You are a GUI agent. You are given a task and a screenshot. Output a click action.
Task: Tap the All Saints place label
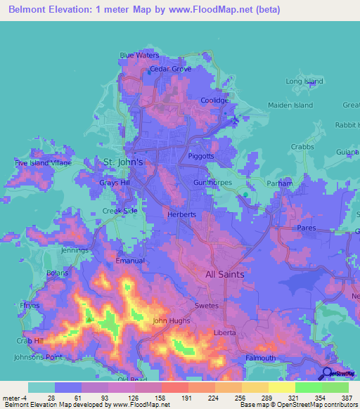tap(225, 275)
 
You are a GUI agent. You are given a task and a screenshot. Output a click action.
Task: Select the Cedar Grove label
tap(171, 69)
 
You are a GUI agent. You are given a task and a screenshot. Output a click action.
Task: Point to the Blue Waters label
tap(140, 55)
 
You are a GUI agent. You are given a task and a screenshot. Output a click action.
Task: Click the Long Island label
tap(304, 82)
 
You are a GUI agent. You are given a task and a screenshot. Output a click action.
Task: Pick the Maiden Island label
tap(290, 105)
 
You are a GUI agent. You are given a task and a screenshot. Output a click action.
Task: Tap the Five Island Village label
tap(44, 163)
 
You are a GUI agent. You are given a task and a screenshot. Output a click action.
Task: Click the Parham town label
tap(279, 183)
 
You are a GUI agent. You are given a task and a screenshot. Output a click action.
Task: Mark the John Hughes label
tap(172, 322)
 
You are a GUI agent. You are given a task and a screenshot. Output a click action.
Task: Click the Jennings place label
tap(75, 250)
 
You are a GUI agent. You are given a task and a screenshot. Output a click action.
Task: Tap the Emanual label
tap(131, 261)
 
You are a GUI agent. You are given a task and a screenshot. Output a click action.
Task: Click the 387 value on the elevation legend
tap(346, 398)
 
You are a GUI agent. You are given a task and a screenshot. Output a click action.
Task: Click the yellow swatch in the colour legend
tap(282, 387)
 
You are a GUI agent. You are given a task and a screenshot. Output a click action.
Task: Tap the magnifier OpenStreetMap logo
tap(328, 374)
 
